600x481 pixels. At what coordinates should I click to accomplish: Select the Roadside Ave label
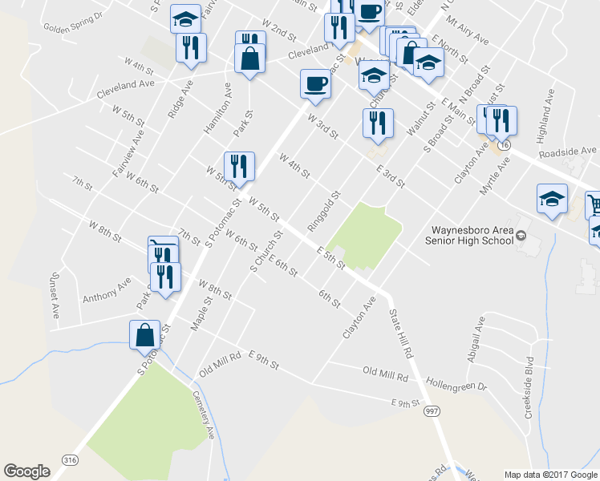coord(568,151)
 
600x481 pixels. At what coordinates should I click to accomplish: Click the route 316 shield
coord(69,458)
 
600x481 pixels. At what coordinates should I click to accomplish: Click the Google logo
coord(27,471)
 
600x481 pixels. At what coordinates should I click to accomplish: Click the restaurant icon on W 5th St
coord(239,166)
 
